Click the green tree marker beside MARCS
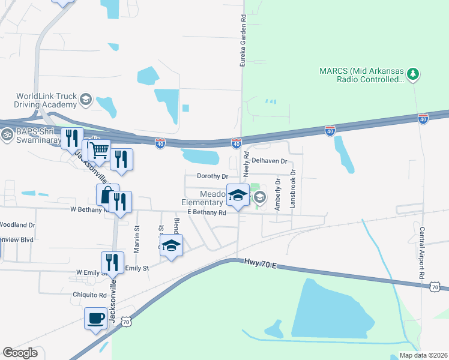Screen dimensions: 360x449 click(412, 74)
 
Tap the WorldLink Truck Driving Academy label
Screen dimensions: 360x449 click(47, 100)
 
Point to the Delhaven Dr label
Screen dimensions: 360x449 click(270, 161)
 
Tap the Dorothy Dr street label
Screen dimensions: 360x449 click(212, 176)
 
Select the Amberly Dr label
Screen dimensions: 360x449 click(277, 193)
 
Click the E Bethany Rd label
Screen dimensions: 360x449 click(206, 212)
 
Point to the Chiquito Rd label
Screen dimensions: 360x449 click(90, 295)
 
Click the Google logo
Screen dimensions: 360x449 click(20, 353)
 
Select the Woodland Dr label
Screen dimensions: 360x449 click(17, 225)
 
